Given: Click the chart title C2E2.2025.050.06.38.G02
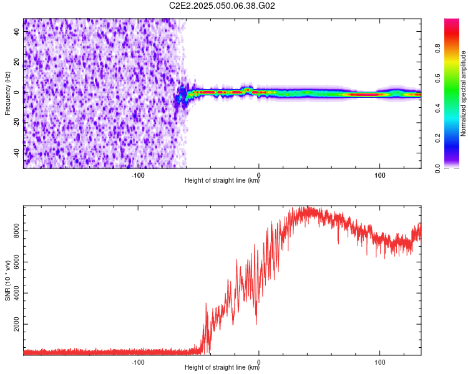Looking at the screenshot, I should coord(222,6).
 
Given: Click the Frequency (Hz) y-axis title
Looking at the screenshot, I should coord(7,93).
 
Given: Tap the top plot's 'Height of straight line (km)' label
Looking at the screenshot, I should coord(222,181).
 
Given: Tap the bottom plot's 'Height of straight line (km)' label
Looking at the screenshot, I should coord(222,368).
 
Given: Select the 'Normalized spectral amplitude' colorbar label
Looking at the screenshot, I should coord(463,94).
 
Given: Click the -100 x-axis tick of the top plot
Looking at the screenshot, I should coord(138,175).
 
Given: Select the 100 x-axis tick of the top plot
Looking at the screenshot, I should coord(379,175).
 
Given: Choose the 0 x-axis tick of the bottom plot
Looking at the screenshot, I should coord(259,362).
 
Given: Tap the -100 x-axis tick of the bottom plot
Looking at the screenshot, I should coord(138,362).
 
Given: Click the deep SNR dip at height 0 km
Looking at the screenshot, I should coord(257,323).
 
